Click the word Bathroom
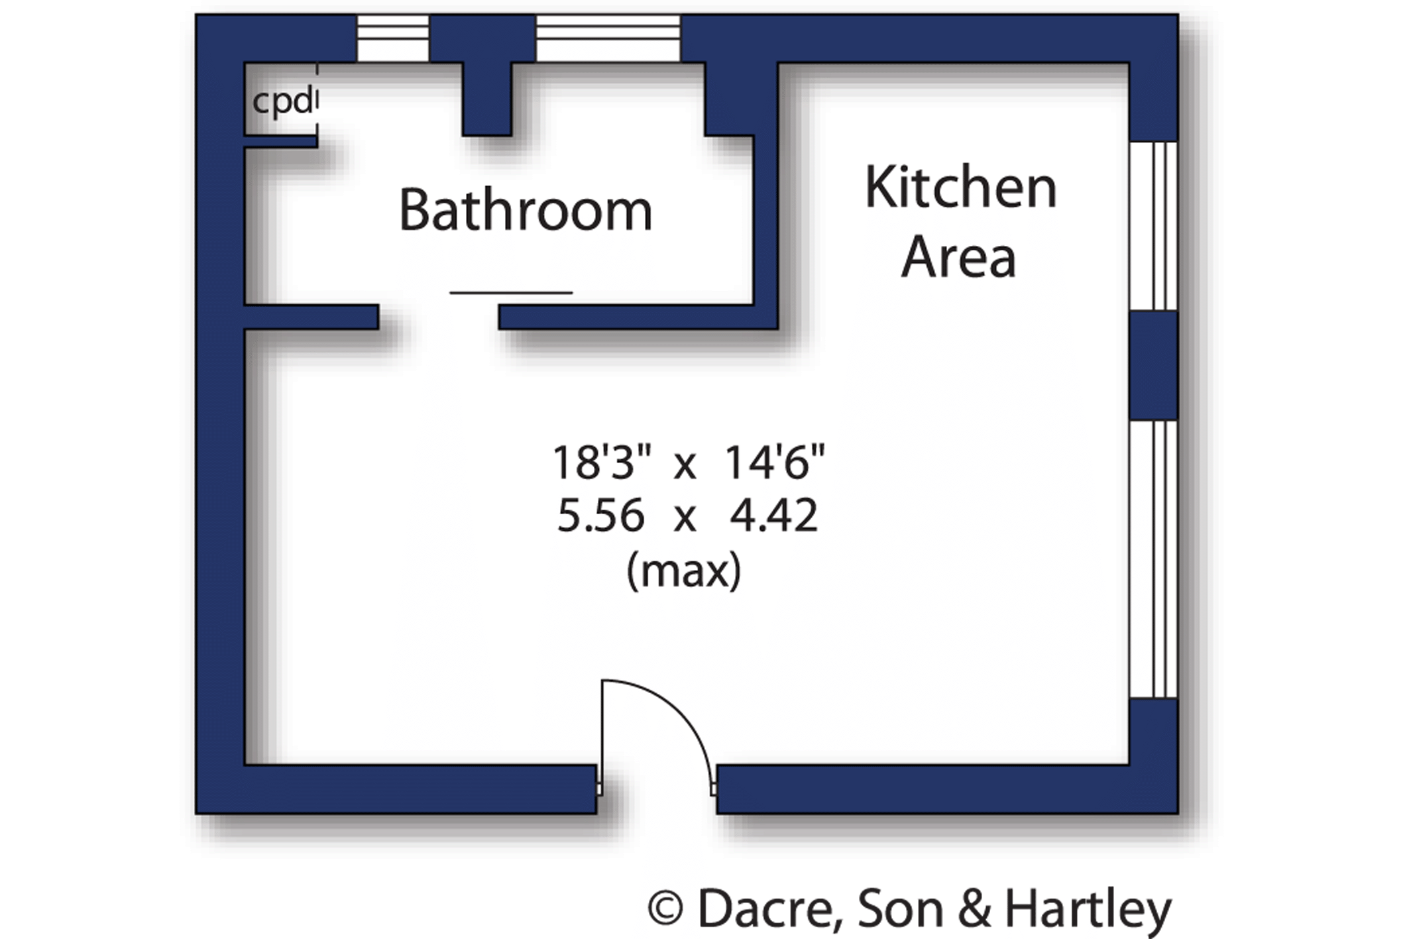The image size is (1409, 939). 526,210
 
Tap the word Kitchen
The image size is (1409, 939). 960,188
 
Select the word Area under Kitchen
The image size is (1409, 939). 958,256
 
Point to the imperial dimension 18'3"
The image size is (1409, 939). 602,462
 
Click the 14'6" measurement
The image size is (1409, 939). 775,462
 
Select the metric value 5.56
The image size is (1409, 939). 600,516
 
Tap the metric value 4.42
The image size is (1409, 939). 773,516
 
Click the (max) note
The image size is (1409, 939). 683,570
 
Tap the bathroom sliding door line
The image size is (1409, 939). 511,292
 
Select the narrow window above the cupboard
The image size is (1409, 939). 393,38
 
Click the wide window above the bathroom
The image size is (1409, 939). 608,38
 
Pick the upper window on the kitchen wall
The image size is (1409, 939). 1153,226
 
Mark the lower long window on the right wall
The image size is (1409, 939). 1153,559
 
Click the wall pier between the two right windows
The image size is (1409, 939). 1153,365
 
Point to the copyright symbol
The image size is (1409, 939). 665,909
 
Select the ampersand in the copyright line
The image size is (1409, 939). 974,909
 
